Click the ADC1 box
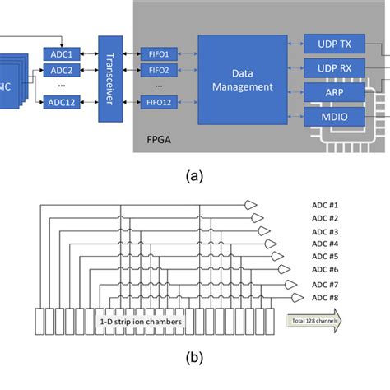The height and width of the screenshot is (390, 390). pos(63,54)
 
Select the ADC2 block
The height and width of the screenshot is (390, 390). pos(63,70)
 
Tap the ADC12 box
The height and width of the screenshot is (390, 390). pos(63,103)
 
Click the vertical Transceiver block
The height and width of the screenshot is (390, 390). pos(109,78)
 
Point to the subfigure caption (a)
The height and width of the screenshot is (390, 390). pos(196,174)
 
